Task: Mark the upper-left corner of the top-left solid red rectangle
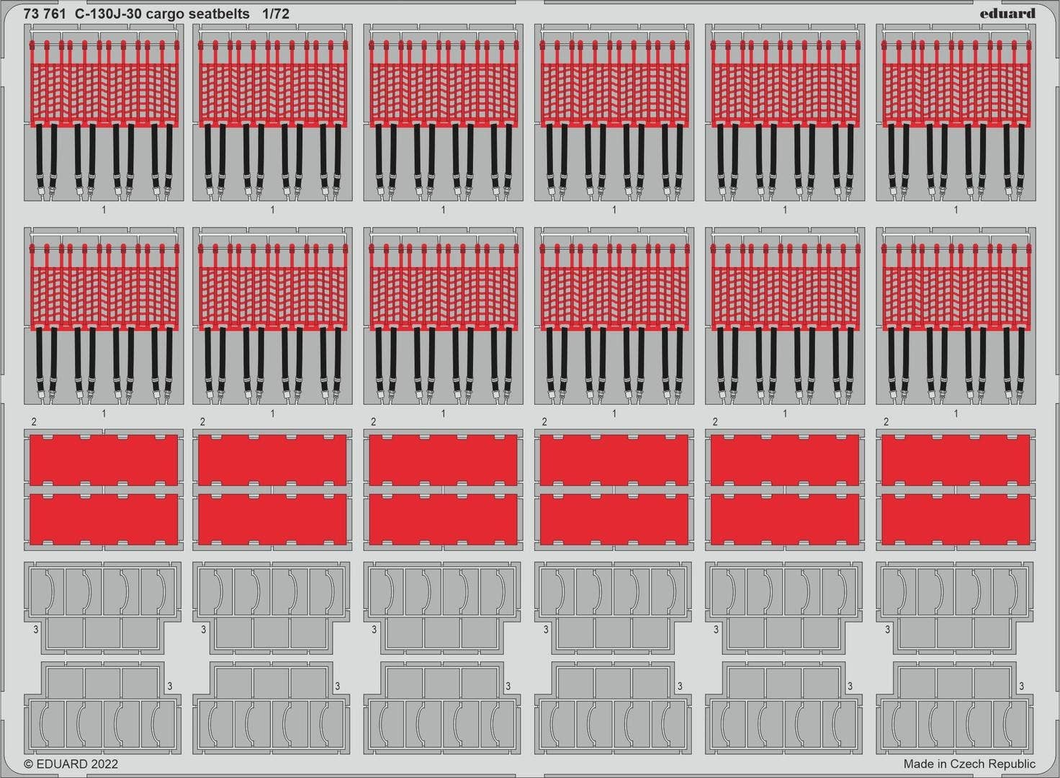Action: click(30, 434)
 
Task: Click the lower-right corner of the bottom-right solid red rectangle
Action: click(1030, 545)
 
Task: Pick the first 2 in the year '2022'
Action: click(93, 764)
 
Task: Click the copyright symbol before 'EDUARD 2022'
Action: click(28, 764)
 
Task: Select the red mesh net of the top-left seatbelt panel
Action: click(104, 94)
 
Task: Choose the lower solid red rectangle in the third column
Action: click(443, 519)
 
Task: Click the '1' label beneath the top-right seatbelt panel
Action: click(956, 210)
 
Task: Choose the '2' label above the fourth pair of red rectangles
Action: click(544, 421)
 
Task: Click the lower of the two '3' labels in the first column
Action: click(169, 686)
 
